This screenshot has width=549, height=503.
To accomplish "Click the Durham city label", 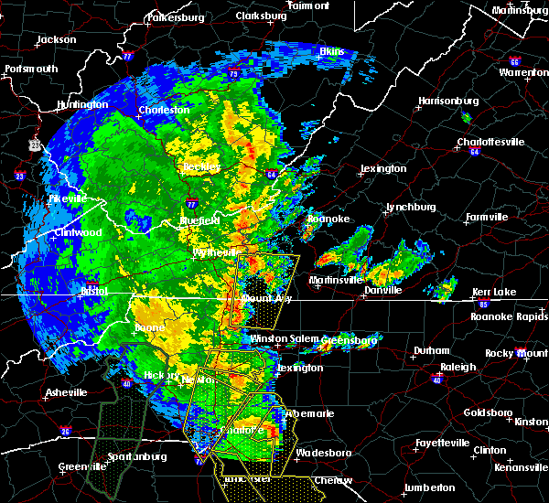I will (x=431, y=350).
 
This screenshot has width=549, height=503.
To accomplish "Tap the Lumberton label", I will (x=430, y=487).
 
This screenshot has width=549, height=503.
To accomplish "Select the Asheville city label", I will (x=66, y=392).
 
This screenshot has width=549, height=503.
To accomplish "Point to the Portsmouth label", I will (x=31, y=69).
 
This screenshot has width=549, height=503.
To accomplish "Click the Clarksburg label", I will (x=261, y=16).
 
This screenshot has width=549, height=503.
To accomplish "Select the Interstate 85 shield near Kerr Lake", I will (x=483, y=302).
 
